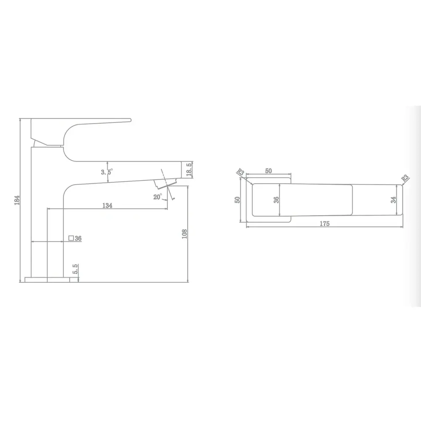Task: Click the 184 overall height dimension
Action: [17, 200]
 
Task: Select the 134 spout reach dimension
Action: [107, 205]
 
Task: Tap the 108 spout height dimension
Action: [184, 234]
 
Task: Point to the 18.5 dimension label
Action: [189, 169]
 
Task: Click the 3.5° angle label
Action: [107, 172]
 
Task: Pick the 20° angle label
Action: [157, 197]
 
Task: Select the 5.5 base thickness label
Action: [75, 269]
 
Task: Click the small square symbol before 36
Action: [71, 238]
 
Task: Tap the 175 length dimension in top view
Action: [324, 224]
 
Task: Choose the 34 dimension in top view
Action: [393, 200]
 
